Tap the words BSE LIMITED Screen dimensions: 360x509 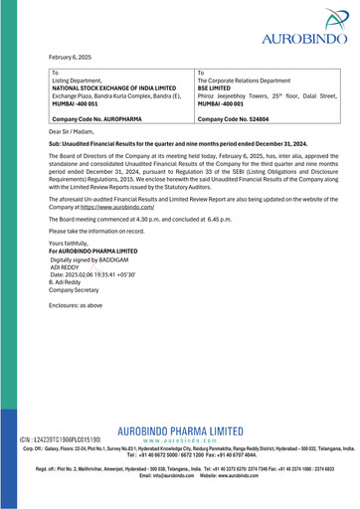222,87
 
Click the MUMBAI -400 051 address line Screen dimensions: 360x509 81,103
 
